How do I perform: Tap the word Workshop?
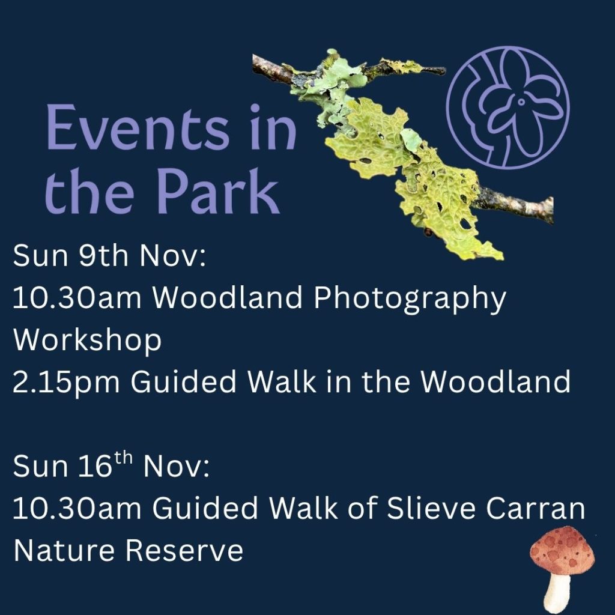(88, 340)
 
